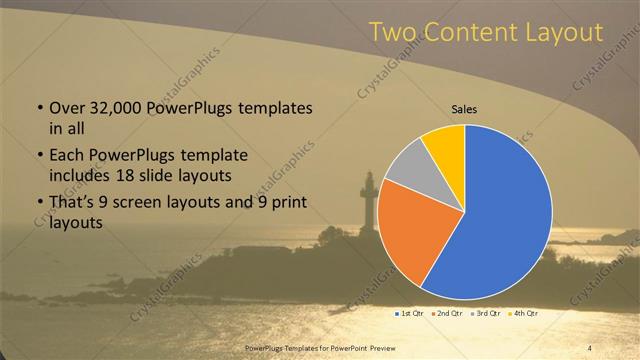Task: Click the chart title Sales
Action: pyautogui.click(x=464, y=109)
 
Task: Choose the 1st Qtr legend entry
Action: pyautogui.click(x=410, y=314)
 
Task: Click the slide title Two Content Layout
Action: pyautogui.click(x=486, y=33)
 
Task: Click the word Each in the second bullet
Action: pyautogui.click(x=67, y=156)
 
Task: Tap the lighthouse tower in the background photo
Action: pyautogui.click(x=368, y=200)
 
